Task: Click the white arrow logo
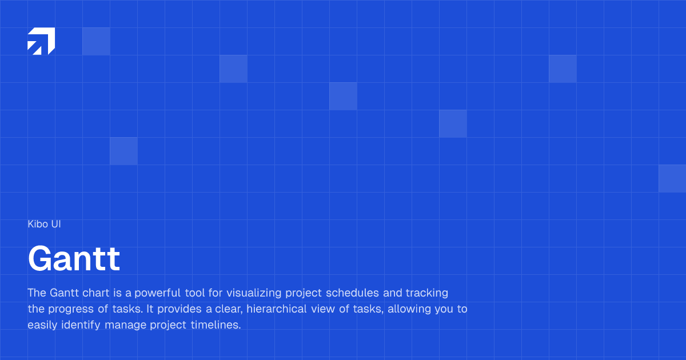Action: (41, 41)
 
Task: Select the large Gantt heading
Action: (74, 259)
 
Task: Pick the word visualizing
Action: (251, 294)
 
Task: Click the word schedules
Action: (353, 293)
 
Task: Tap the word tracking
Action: (427, 293)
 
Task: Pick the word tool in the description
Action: (194, 293)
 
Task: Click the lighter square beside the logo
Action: (96, 41)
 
